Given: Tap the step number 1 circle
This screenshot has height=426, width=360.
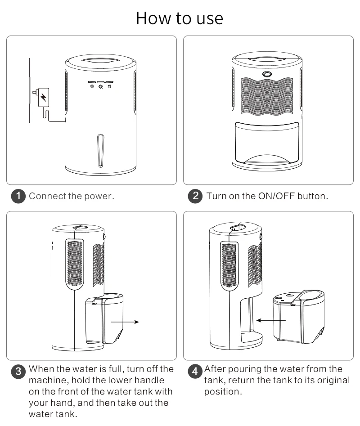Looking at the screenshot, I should click(18, 197).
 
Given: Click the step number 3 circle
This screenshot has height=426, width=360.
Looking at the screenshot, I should click(18, 371).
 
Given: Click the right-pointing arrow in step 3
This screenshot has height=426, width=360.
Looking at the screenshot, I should click(125, 322).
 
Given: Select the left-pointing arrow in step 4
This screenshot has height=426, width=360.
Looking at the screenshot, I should click(270, 320).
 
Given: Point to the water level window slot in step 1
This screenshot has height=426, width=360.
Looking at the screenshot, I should click(100, 150).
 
